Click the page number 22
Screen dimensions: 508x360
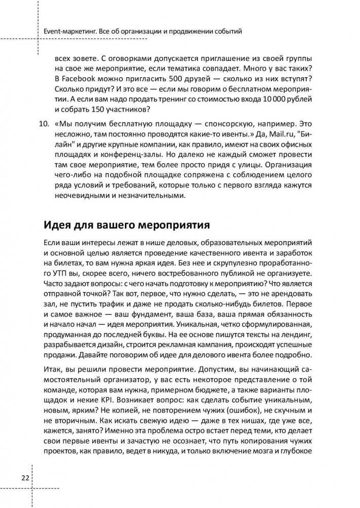click(24, 479)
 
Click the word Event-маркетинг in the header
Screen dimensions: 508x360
click(69, 31)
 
